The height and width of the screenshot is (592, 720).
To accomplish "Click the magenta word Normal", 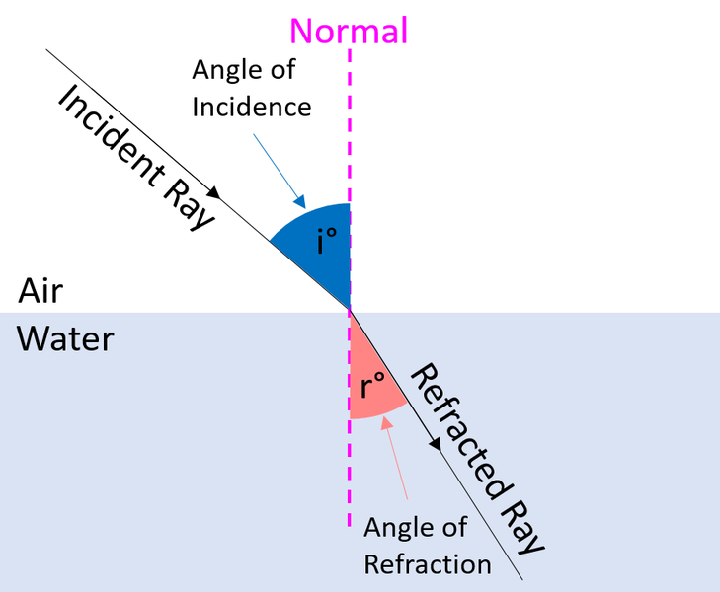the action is [x=349, y=31].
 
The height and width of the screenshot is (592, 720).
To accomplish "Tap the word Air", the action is [x=40, y=291].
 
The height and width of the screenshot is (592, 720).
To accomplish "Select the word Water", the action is [x=65, y=339].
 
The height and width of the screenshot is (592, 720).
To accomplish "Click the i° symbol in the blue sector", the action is [x=327, y=241].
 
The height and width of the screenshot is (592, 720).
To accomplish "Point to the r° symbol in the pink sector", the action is [x=372, y=385].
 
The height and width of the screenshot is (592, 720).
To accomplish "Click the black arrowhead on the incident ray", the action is [x=214, y=192].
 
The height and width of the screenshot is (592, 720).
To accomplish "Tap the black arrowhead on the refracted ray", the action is [x=436, y=444].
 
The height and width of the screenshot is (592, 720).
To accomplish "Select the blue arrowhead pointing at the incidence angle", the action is [x=300, y=202].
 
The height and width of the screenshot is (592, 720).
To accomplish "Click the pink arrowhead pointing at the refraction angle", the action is [x=386, y=423].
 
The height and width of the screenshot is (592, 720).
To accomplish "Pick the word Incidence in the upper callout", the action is [x=252, y=108].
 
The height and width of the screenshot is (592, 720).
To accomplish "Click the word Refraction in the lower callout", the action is [x=428, y=564].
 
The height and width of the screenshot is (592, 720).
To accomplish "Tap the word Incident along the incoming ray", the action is [x=112, y=136].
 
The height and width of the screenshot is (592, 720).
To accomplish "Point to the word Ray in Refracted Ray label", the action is [x=522, y=526].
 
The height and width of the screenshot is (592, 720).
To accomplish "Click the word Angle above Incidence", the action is [x=223, y=71].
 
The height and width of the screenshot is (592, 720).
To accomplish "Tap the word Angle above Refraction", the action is [x=395, y=528].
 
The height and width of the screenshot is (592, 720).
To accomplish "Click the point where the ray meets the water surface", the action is [x=350, y=312].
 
